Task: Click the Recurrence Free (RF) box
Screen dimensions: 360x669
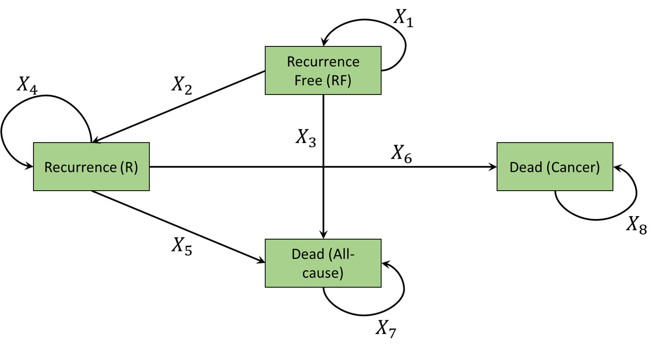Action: pos(323,70)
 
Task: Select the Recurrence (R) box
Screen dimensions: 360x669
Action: pos(91,167)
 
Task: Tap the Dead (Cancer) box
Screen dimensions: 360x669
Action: pos(554,167)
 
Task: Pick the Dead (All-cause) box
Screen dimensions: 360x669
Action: pos(323,263)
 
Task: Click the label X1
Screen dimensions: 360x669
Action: pos(403,18)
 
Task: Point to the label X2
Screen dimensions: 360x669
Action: pos(181,85)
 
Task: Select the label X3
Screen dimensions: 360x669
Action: pos(306,138)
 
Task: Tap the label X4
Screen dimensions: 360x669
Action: pos(27,85)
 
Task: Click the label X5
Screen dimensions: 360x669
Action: pos(181,246)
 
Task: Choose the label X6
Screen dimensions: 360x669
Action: pos(401,153)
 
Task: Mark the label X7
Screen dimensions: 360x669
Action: pos(385,329)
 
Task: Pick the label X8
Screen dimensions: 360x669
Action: pos(636,225)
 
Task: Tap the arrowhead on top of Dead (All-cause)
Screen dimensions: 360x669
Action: pos(323,235)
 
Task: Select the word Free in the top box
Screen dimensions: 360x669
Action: pos(308,80)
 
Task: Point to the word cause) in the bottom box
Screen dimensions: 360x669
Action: pos(323,273)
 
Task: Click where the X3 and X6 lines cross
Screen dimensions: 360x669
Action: pos(323,167)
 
